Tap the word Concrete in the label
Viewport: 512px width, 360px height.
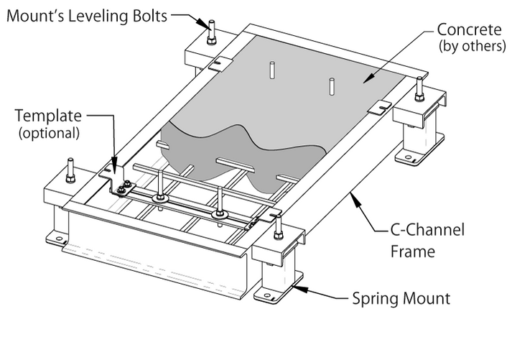point(471,32)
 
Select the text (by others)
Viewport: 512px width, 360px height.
point(470,47)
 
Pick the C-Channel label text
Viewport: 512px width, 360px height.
point(428,231)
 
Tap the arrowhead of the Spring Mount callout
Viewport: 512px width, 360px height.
point(294,289)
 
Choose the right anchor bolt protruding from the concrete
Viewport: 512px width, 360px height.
point(331,86)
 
